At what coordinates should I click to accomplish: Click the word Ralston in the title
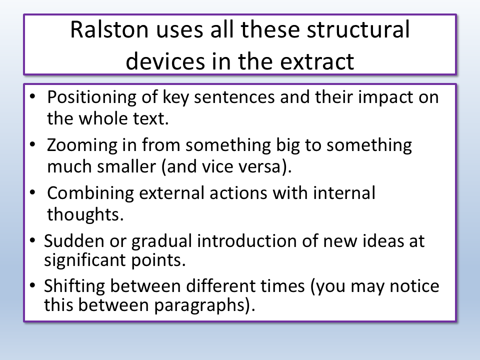(109, 29)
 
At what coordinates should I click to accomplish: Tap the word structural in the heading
(358, 29)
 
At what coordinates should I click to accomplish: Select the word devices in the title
(165, 61)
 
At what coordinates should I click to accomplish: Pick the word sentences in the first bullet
(234, 97)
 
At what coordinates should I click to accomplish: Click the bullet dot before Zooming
(33, 144)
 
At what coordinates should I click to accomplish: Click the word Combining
(90, 193)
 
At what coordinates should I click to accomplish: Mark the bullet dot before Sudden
(33, 240)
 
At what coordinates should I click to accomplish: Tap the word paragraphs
(200, 305)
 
